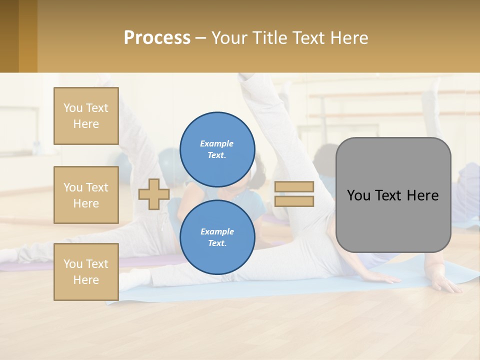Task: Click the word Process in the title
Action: pos(157,37)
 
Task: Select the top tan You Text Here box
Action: pos(86,116)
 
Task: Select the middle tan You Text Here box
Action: pos(86,195)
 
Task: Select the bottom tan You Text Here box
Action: pos(86,271)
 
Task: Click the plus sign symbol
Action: pos(154,194)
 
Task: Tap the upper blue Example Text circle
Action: pos(217,149)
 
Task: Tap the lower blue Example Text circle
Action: pos(217,237)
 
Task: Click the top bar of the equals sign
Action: pos(294,186)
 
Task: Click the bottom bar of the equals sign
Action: pos(294,201)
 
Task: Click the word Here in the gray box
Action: pos(423,195)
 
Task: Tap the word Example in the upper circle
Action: pos(217,143)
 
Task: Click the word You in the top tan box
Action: pos(72,108)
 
